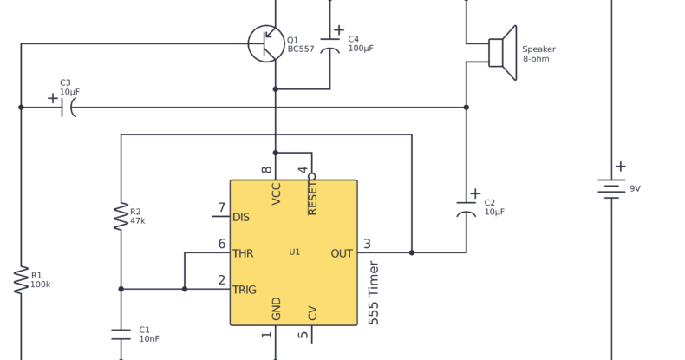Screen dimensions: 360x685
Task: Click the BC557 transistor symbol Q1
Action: (266, 43)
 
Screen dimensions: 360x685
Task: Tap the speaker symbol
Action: (502, 52)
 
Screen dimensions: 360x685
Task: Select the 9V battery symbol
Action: (611, 188)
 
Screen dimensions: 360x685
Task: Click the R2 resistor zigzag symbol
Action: (121, 216)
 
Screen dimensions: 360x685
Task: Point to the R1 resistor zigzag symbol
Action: (21, 279)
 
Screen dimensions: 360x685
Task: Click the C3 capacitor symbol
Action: (68, 107)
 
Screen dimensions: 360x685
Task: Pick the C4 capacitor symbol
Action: (329, 44)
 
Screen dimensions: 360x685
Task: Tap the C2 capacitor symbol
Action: (466, 209)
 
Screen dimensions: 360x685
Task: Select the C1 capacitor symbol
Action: (121, 334)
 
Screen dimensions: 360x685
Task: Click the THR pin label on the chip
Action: (243, 253)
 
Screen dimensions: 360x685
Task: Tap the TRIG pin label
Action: (245, 290)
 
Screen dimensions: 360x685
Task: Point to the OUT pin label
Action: (342, 253)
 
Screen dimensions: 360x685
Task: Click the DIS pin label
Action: (241, 217)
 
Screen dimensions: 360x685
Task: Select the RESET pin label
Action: (312, 193)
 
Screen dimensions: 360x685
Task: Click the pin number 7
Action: (222, 208)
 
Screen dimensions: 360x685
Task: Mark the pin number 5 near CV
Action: (303, 335)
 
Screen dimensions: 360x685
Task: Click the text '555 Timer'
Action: (374, 293)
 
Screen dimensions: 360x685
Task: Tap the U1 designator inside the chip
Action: (295, 252)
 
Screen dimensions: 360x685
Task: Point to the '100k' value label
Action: (41, 285)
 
